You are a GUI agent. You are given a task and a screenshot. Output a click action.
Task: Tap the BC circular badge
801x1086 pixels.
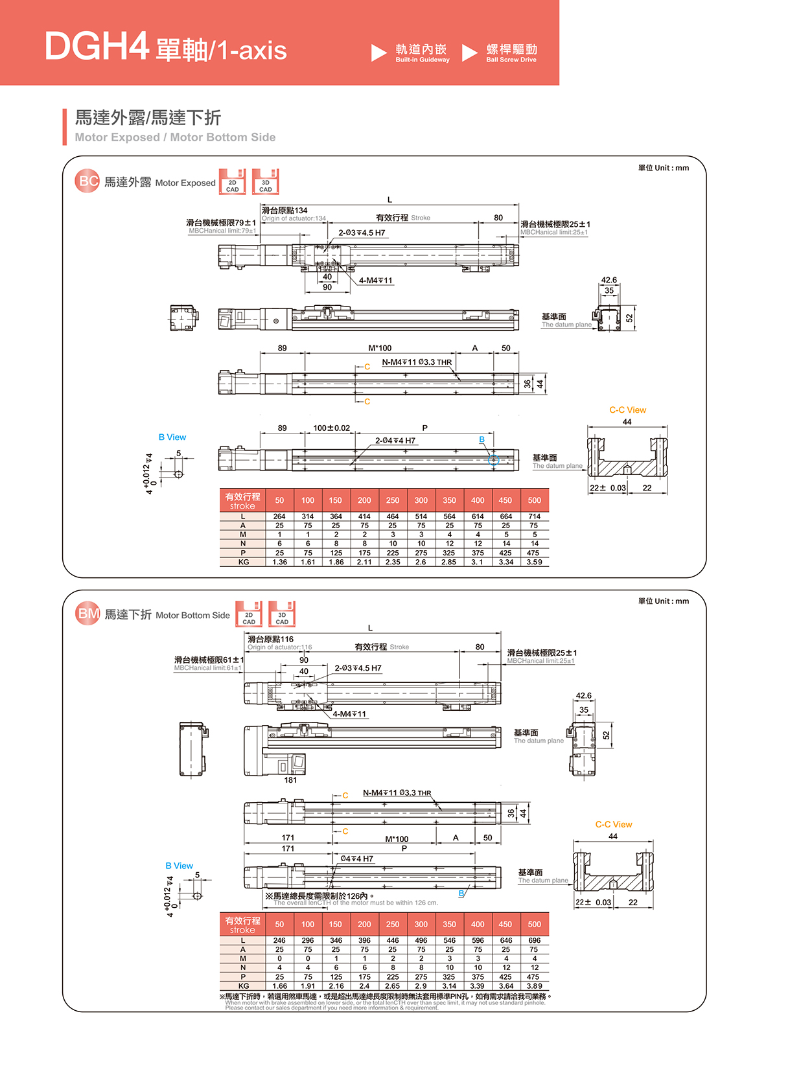coord(87,181)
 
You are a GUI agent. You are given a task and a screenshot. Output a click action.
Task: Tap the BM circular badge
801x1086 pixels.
coord(87,614)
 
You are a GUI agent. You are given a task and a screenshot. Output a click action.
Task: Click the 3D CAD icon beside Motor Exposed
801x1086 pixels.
coord(266,182)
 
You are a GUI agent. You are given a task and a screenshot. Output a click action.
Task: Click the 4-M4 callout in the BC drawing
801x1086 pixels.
coord(376,281)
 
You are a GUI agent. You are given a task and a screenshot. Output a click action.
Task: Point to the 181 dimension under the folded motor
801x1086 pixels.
coord(290,780)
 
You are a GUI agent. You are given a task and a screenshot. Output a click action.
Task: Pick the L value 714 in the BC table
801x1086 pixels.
coord(534,516)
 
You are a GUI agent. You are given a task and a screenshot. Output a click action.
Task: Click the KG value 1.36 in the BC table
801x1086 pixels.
coord(279,562)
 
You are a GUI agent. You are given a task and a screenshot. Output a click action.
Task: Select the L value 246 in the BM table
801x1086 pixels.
coord(279,940)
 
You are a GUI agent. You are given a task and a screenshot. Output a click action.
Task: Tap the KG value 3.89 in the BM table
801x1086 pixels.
coord(534,986)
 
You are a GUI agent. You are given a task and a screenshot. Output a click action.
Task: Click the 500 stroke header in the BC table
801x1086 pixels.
coord(534,500)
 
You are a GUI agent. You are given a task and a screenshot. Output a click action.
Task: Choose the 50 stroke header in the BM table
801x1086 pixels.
coord(279,924)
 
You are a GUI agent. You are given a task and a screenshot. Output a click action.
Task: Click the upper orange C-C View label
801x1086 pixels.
coord(627,410)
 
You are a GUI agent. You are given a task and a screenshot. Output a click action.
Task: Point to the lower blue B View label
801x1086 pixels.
coord(179,866)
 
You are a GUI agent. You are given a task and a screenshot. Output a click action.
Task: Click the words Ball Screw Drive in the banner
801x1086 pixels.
coord(511,60)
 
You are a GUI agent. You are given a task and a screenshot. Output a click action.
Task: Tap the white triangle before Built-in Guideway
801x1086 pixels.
coord(378,52)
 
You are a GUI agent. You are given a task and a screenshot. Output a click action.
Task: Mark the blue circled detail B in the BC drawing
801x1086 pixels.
coord(493,459)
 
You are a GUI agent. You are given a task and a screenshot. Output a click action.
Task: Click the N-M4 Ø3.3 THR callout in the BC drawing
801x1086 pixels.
coord(417,362)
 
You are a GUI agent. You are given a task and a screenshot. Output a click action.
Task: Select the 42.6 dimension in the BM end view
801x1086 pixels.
coord(583,696)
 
